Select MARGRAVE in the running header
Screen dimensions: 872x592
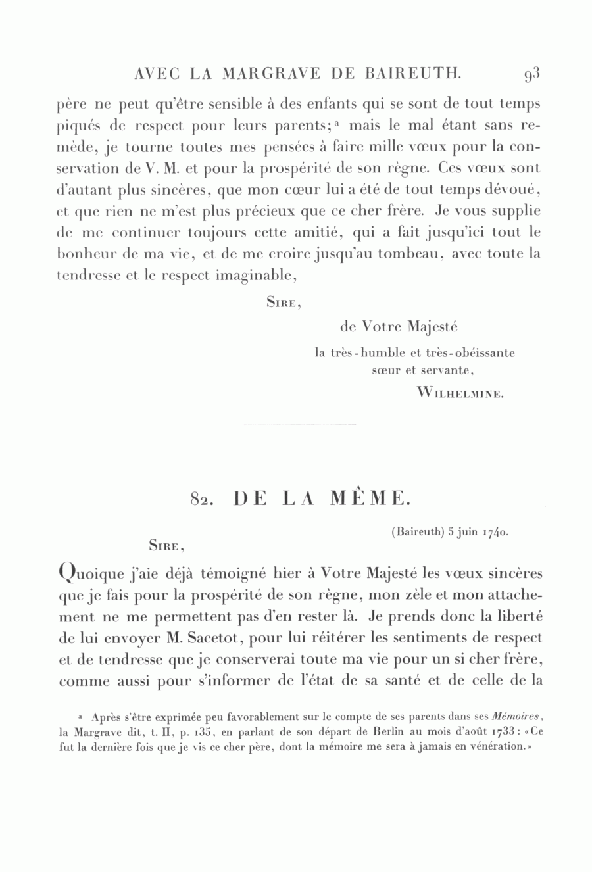272,73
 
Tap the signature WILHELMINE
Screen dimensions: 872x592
460,393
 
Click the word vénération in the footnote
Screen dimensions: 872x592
490,746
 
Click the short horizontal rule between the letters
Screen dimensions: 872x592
300,426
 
